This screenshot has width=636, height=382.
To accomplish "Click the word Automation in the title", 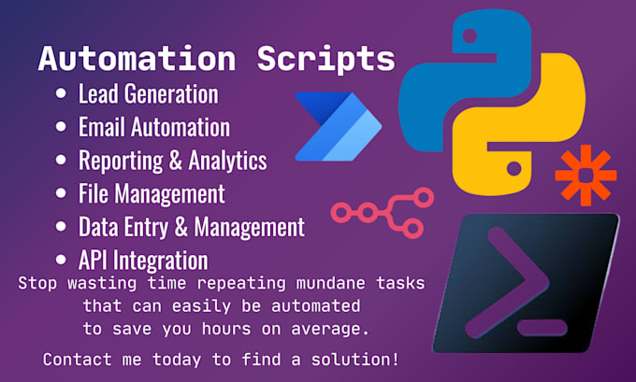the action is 137,59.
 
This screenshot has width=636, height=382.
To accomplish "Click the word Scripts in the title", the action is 326,60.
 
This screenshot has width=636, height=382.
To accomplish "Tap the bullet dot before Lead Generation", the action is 61,93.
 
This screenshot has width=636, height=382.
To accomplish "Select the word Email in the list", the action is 101,127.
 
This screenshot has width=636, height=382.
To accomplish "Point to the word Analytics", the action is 228,161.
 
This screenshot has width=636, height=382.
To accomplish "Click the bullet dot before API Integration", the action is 61,260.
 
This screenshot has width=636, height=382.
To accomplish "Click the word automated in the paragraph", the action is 315,305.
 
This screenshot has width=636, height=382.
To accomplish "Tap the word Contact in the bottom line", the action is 77,360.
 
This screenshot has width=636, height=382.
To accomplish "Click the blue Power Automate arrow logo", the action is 339,127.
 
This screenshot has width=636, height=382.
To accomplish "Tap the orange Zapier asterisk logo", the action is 585,176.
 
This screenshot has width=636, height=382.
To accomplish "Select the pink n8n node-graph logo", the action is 383,213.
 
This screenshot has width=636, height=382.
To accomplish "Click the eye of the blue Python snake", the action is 470,35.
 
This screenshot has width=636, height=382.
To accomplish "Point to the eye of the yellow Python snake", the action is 513,168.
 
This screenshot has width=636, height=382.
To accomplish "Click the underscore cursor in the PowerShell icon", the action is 542,327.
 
